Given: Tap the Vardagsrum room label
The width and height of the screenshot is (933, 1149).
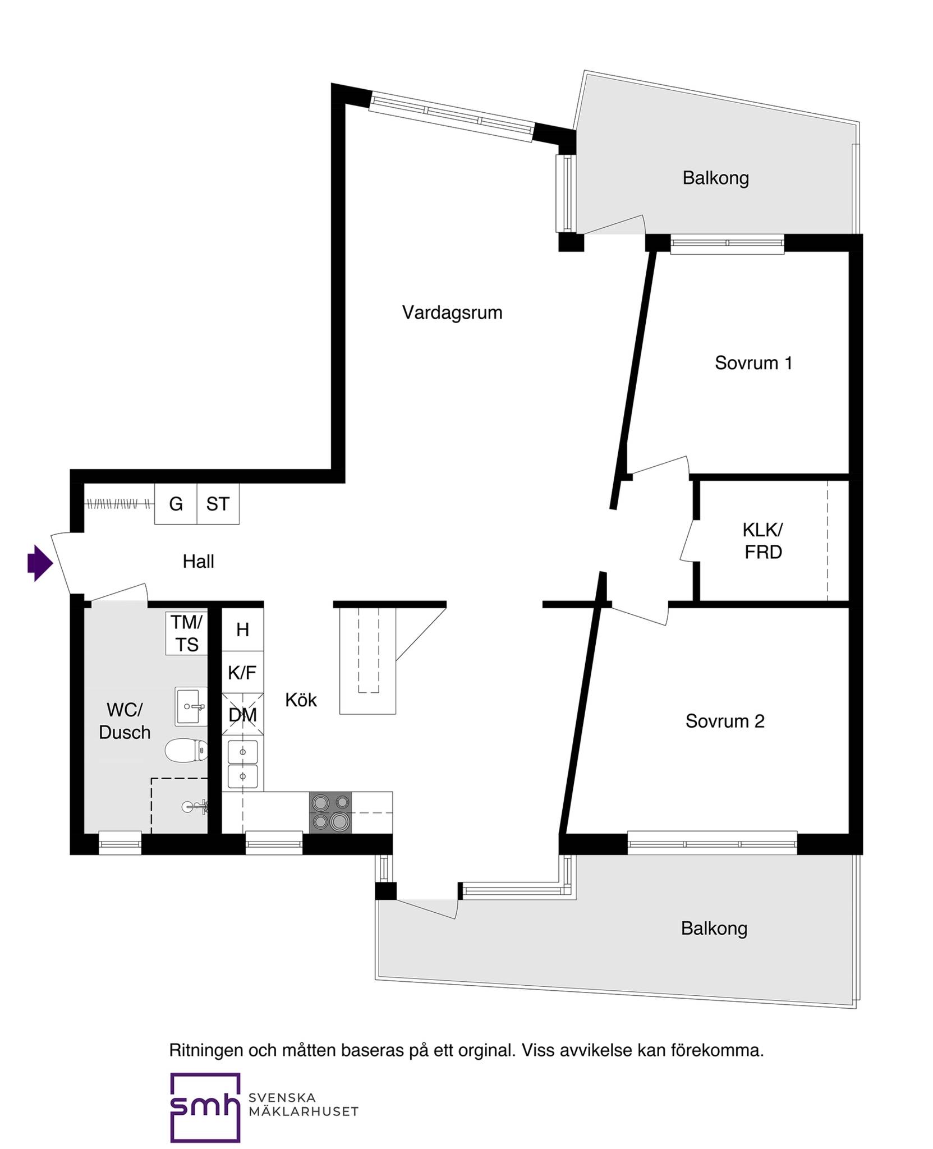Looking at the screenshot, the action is click(452, 312).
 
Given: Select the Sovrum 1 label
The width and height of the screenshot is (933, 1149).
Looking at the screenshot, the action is click(753, 363).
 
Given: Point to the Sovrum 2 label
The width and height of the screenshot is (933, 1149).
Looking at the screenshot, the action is click(725, 721).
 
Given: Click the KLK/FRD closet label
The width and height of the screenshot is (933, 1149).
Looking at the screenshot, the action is click(763, 541).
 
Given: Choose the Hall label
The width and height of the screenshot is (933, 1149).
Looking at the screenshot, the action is click(199, 561).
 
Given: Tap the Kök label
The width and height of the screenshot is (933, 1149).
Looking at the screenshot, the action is click(301, 700).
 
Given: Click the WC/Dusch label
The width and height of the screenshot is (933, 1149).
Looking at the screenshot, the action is click(125, 721).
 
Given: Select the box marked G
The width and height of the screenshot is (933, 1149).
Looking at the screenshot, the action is click(176, 504).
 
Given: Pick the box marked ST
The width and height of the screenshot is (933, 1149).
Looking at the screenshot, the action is click(218, 504).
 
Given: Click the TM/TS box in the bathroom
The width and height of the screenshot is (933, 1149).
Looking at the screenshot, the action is click(187, 633).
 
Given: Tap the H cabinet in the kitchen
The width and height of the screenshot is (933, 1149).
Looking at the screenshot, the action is click(243, 629).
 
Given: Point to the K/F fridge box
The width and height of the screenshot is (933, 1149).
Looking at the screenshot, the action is click(243, 672).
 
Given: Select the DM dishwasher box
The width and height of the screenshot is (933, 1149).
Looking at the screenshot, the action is click(243, 714).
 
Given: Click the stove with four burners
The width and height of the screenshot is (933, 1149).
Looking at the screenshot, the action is click(330, 812).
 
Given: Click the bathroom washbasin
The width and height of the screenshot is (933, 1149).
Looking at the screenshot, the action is click(191, 706).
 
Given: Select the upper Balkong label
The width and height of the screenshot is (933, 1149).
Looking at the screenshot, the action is click(715, 178).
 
